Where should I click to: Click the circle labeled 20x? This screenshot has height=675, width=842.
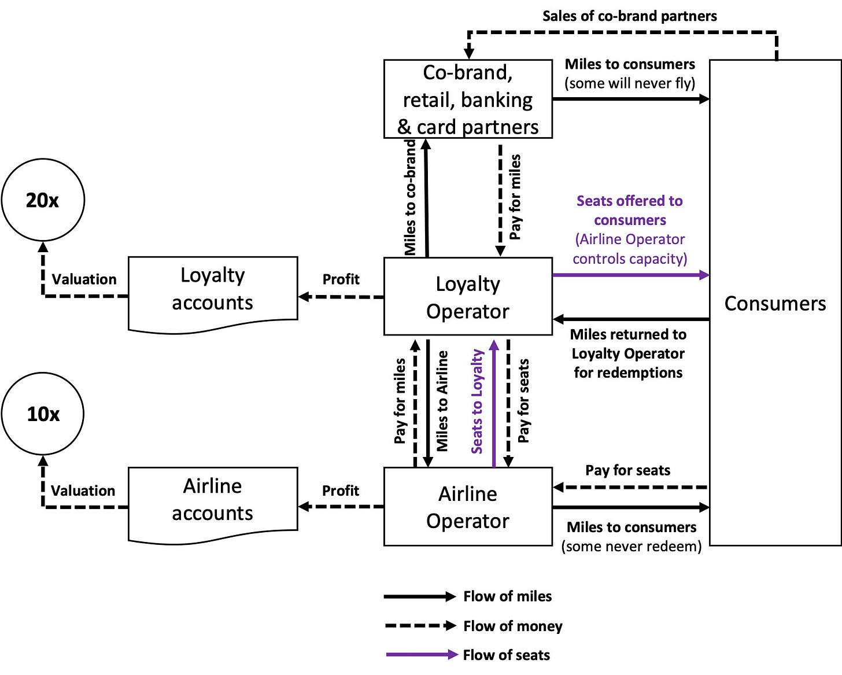pos(43,200)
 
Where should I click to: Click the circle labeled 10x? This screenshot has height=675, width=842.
pos(43,414)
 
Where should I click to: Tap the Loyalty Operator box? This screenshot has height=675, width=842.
pos(468,297)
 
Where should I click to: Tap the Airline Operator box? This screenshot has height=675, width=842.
pos(468,507)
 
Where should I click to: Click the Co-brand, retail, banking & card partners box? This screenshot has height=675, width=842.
pos(468,99)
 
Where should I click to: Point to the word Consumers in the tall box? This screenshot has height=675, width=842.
pos(775,304)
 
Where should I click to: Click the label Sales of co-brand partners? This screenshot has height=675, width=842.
pos(629,16)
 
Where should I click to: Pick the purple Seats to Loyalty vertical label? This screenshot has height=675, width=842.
pos(477,401)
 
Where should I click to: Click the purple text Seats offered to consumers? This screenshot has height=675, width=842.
pos(629,211)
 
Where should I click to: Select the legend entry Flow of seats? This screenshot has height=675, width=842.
pos(506,655)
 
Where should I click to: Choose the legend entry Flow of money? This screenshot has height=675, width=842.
pos(512,626)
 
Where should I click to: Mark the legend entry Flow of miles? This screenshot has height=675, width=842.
pos(507,596)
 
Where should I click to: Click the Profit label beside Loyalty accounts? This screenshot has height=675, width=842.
pos(341,279)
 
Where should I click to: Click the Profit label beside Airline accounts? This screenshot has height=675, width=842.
pos(340,490)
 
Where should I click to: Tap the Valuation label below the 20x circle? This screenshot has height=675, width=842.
pos(84,279)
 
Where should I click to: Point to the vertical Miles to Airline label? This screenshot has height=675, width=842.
pos(442,401)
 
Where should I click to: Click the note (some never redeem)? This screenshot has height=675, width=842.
pos(631,547)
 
